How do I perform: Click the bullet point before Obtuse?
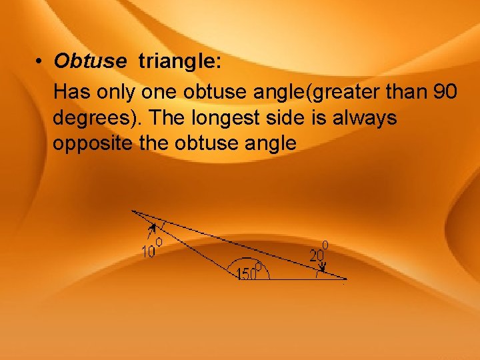[40, 62]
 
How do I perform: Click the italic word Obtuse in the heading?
[90, 61]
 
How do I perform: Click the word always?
[363, 118]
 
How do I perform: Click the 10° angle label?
[151, 249]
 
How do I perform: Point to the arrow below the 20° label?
[323, 267]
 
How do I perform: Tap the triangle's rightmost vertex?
[346, 279]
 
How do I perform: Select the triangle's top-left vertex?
[133, 211]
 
